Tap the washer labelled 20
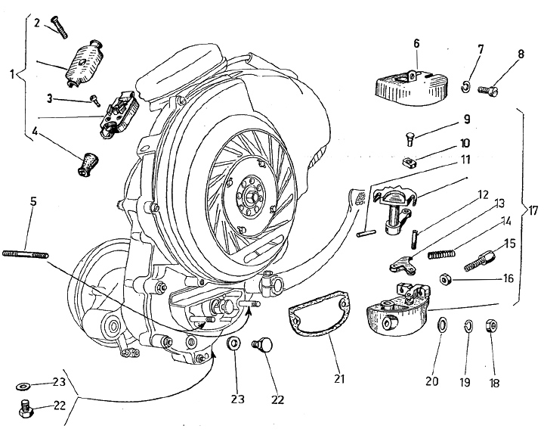point(440,326)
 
